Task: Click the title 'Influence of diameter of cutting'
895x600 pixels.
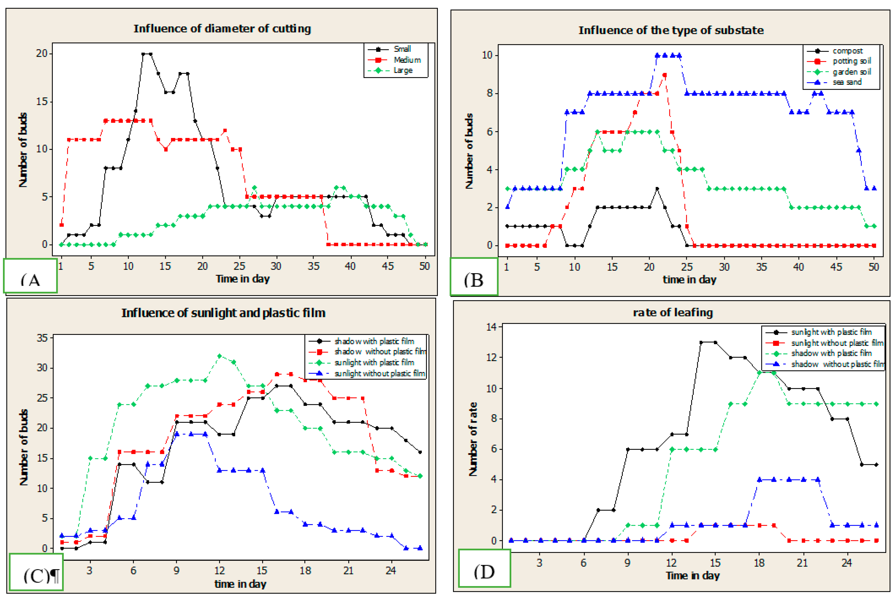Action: (222, 29)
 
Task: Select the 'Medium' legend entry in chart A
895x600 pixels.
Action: (407, 60)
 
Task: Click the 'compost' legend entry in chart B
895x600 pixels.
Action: (847, 51)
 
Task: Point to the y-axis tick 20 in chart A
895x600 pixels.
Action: (42, 54)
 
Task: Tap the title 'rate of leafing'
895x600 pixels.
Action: (673, 313)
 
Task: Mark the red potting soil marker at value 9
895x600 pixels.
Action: (665, 75)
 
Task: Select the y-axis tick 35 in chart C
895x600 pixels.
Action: (42, 338)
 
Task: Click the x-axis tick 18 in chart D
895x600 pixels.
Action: (759, 563)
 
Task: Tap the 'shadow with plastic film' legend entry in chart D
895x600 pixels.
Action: (831, 353)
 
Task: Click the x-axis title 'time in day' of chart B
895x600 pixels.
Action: (689, 280)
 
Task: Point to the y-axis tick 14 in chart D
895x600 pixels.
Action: (491, 327)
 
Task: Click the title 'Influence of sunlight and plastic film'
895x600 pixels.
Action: (223, 313)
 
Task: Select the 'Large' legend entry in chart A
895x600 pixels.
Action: (403, 70)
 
